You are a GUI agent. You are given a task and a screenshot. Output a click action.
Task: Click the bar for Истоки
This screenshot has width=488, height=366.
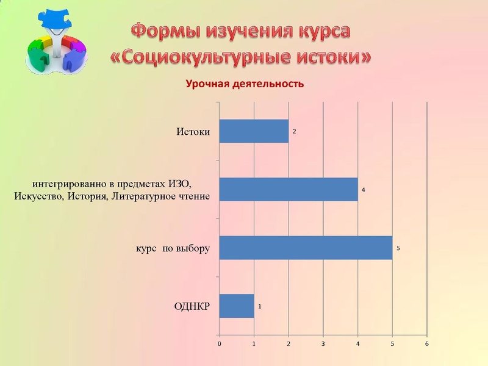point(253,131)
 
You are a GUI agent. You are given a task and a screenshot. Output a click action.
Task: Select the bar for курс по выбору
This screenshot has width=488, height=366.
point(305,248)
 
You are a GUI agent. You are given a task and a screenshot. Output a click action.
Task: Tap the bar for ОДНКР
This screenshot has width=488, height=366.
point(236,306)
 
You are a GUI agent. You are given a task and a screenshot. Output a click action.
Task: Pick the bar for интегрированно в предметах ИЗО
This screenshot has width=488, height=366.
point(288,189)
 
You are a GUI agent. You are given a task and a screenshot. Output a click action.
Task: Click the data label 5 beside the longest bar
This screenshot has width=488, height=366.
point(398,248)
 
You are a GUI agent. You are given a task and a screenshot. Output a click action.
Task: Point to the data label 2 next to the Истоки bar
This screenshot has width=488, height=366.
point(294,131)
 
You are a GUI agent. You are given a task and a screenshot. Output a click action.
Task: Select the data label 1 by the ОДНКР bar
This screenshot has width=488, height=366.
point(260,306)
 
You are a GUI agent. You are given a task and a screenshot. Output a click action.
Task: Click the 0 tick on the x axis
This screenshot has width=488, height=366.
point(219,344)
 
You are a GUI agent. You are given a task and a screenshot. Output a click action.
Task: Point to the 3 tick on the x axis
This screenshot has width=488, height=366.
point(323,344)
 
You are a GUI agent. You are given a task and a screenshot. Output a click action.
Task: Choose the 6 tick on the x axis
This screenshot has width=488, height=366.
point(427,344)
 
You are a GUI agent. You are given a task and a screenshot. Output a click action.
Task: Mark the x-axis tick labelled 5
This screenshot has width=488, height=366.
point(392,344)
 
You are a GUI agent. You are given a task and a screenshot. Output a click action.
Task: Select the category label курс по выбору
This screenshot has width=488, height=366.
point(173,248)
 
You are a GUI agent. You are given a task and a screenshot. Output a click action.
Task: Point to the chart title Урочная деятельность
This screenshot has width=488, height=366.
point(245,84)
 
